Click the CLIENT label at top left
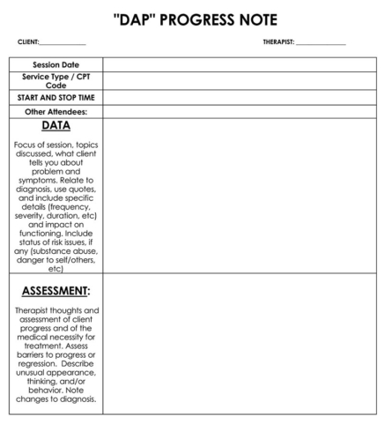tap(27, 42)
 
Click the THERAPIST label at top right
tap(278, 42)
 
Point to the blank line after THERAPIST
tap(321, 43)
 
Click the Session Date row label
tap(56, 64)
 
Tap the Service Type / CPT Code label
tap(56, 81)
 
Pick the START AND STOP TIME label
tap(56, 98)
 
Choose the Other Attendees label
tap(56, 112)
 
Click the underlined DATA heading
tap(56, 126)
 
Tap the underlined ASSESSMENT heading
tap(56, 290)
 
